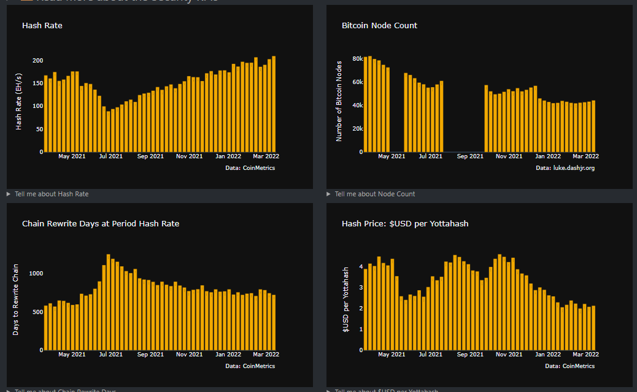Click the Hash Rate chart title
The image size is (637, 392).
[x=42, y=26]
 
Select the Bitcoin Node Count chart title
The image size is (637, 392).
[x=379, y=26]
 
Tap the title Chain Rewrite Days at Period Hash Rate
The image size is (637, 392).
[x=101, y=224]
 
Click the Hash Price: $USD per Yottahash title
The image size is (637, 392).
[x=405, y=224]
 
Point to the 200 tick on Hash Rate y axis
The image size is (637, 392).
[x=37, y=61]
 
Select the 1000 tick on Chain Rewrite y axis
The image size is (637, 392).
[x=35, y=274]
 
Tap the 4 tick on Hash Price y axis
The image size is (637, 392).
[x=361, y=267]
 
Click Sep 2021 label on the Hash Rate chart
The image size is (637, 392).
[x=150, y=156]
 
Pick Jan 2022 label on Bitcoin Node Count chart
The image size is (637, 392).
[x=548, y=156]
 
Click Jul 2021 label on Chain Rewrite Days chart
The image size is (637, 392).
[x=111, y=355]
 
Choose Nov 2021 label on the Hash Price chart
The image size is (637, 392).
[x=509, y=355]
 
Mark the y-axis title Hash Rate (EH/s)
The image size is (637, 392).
[x=19, y=101]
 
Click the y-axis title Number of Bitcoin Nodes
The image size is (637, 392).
[x=339, y=101]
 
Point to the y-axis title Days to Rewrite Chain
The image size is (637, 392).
[x=16, y=299]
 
